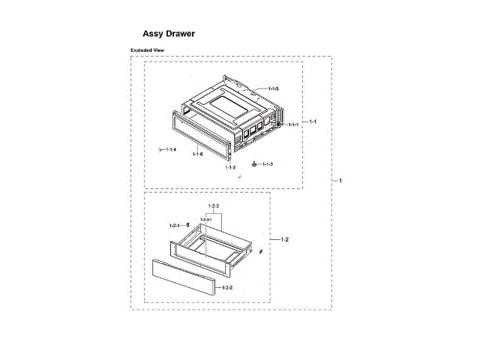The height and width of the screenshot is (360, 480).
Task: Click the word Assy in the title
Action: [x=154, y=34]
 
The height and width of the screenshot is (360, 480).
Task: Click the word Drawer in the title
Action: [x=183, y=34]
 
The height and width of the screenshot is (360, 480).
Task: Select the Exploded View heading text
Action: [x=148, y=50]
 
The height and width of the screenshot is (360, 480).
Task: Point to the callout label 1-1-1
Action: [x=292, y=124]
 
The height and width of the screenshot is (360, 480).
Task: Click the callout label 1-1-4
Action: [x=171, y=149]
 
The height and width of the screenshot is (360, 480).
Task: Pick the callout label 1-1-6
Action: [x=197, y=154]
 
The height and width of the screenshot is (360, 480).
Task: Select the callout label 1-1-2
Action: [x=230, y=167]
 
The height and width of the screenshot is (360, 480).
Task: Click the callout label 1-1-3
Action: [x=267, y=163]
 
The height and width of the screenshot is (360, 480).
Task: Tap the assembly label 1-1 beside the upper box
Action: [x=313, y=121]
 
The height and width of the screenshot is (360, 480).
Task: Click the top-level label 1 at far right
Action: [x=340, y=181]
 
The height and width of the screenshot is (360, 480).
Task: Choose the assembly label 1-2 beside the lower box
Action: [x=285, y=239]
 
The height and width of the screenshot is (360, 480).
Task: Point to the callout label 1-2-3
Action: [x=213, y=205]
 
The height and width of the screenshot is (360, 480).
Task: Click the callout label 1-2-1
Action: [x=174, y=225]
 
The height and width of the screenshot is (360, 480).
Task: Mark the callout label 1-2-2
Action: [x=227, y=288]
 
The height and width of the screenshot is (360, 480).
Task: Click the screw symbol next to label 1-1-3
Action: [x=255, y=163]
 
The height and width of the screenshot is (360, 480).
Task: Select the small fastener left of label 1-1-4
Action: [x=160, y=149]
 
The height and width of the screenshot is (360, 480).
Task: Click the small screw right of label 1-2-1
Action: [x=187, y=224]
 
